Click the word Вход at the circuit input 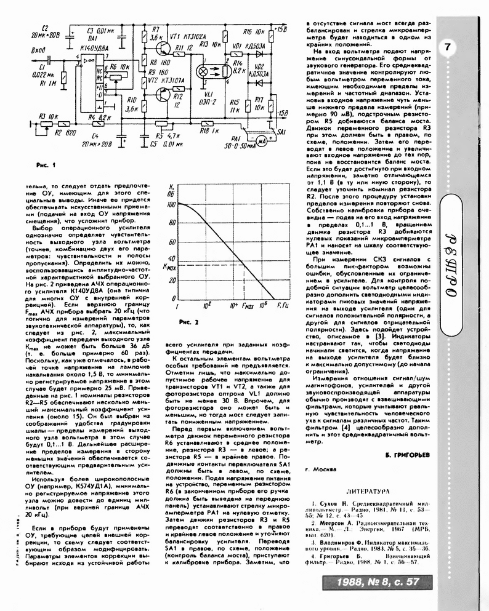click(x=38, y=50)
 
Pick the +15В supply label click(x=280, y=29)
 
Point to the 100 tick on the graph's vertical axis click(x=171, y=203)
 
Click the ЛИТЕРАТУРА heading click(x=368, y=492)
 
